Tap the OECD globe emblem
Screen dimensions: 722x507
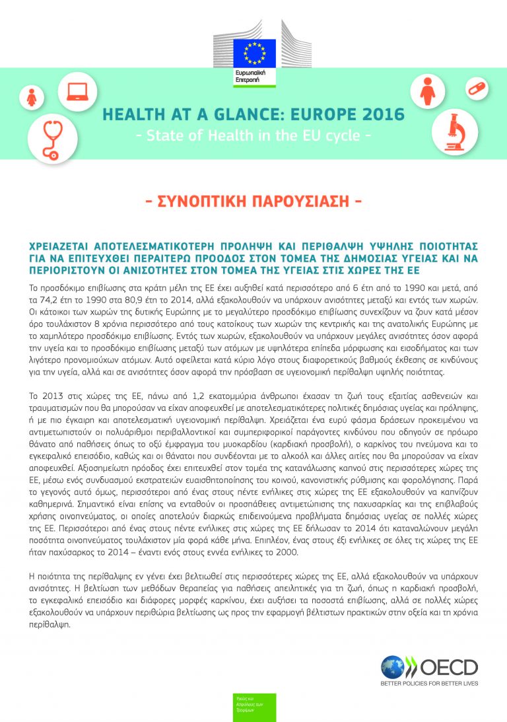[393, 667]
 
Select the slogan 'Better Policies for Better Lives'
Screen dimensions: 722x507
[429, 683]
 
